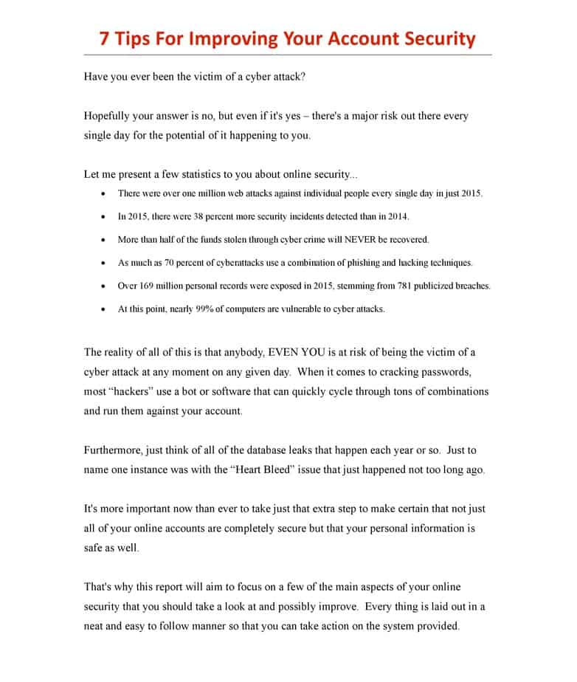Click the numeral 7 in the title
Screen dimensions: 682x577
[x=106, y=38]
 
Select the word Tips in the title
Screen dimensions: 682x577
[x=136, y=38]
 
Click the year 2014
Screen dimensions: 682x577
[x=397, y=217]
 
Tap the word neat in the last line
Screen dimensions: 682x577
[x=97, y=627]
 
